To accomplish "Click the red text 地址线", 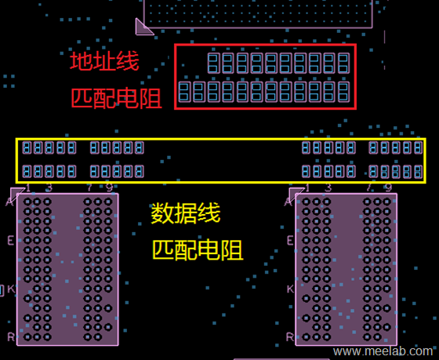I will tap(103, 61).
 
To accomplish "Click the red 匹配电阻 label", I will tap(116, 98).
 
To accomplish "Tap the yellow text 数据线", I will tap(186, 213).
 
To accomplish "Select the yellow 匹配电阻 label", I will tap(197, 250).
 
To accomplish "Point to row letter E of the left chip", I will tap(11, 240).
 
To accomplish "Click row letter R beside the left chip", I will tap(11, 336).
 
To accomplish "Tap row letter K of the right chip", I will tap(290, 289).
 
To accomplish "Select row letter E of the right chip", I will tap(290, 240).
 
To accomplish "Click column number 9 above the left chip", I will tap(109, 187).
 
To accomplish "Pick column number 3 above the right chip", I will tap(328, 187).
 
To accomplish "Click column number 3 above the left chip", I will tap(49, 187).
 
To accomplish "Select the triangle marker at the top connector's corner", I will tap(143, 27).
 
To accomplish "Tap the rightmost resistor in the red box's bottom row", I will tap(343, 93).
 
